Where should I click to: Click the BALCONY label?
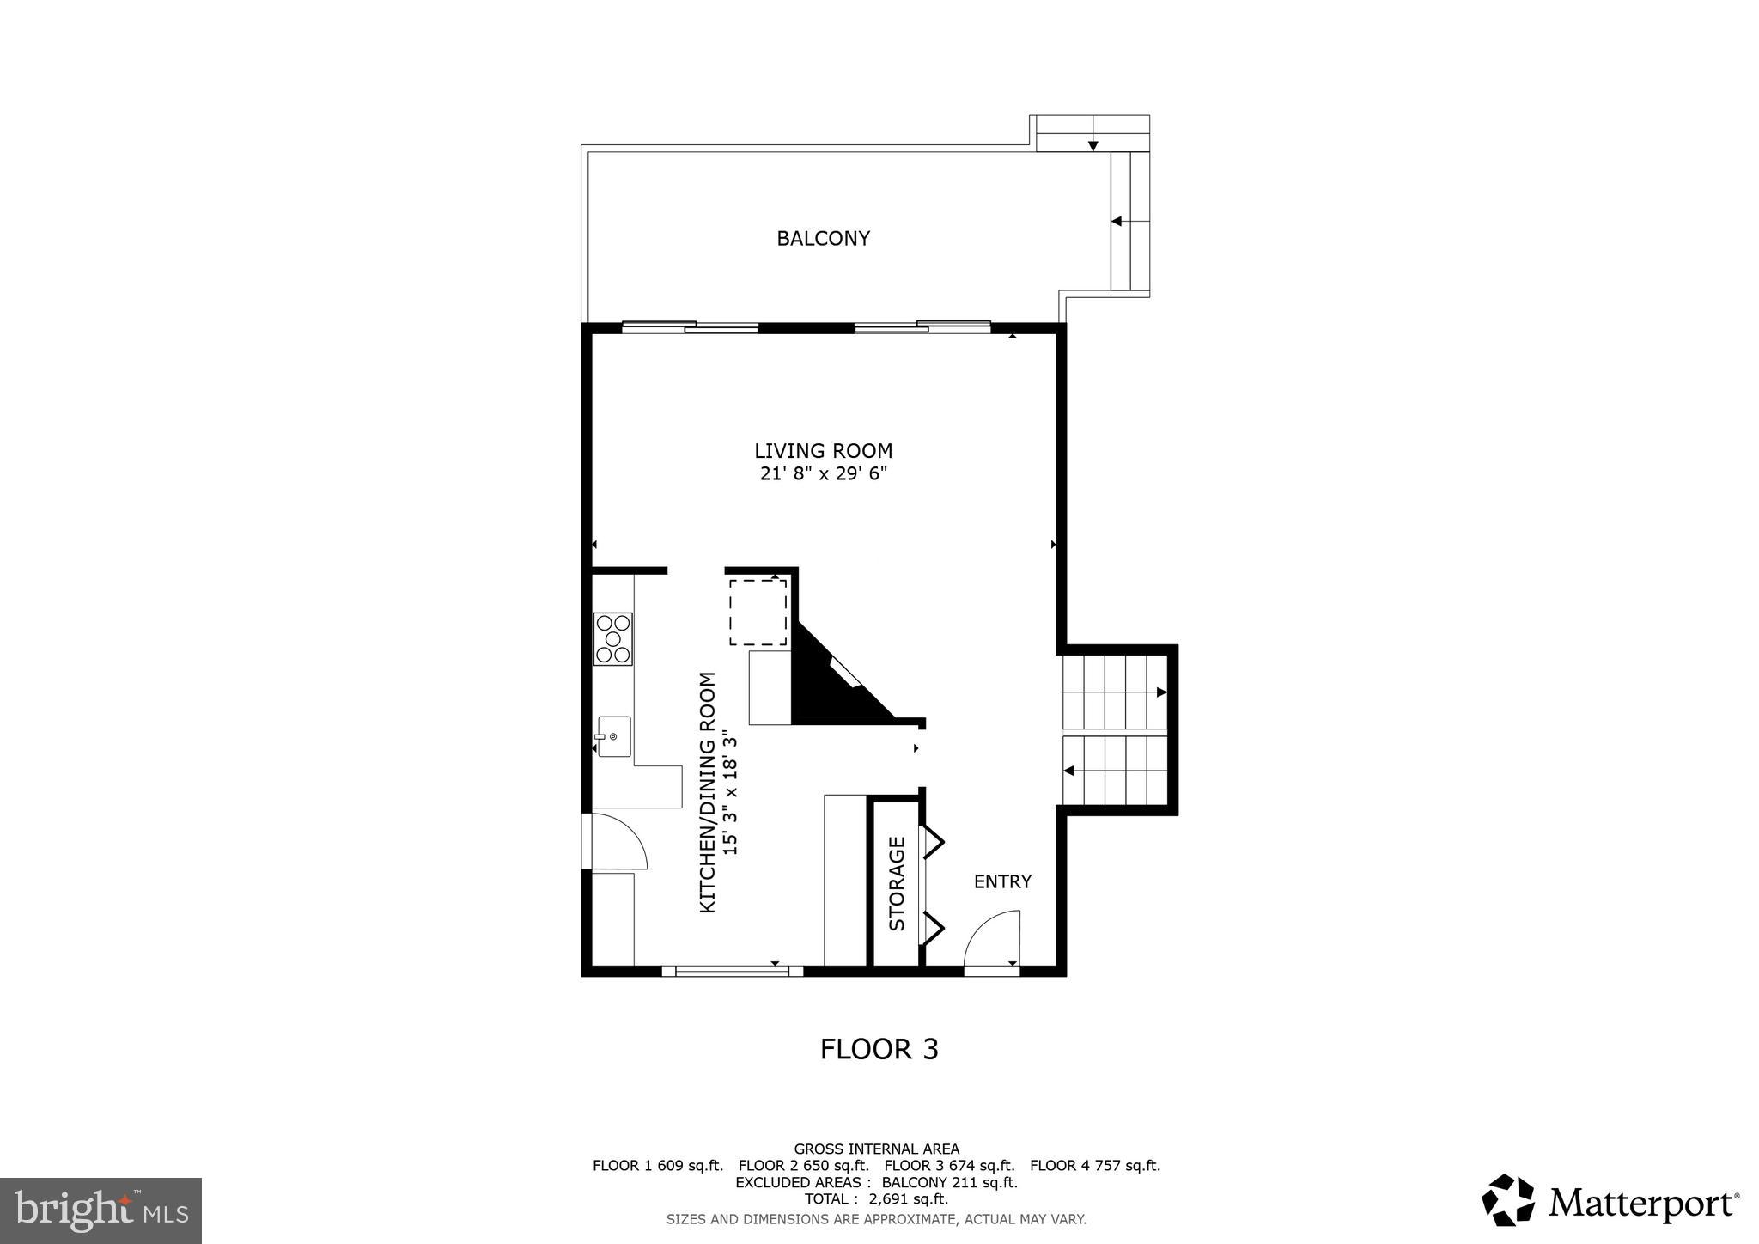(x=823, y=238)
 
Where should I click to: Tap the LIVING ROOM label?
(x=823, y=450)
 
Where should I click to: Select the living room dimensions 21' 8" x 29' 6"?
(x=823, y=473)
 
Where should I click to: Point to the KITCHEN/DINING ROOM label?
(x=708, y=792)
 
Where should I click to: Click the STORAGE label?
(x=897, y=883)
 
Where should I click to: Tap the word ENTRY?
(x=1002, y=881)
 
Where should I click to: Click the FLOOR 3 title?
(x=879, y=1049)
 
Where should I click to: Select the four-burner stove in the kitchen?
(x=613, y=638)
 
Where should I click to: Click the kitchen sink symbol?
(x=613, y=736)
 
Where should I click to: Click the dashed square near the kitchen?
(x=758, y=612)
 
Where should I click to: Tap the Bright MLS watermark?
(x=101, y=1210)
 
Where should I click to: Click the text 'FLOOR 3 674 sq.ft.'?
(x=949, y=1166)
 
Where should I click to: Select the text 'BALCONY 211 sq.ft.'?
(x=949, y=1182)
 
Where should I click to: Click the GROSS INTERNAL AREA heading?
(x=876, y=1149)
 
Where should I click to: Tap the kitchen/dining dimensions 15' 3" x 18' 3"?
(x=730, y=792)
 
